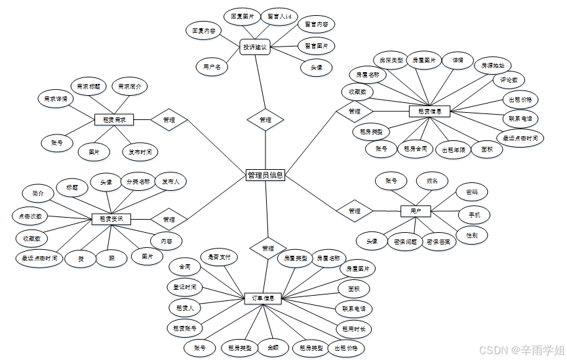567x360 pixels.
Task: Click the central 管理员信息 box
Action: [265, 175]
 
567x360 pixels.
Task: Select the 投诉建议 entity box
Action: [255, 47]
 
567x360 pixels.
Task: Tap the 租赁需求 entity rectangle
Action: [114, 120]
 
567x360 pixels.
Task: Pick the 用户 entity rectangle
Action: [416, 211]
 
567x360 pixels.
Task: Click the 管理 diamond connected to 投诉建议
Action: [265, 120]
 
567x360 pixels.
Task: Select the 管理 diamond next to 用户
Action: [355, 211]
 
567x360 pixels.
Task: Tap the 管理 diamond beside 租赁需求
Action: [169, 120]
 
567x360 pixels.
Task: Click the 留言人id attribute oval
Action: [280, 16]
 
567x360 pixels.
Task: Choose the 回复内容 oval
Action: [204, 30]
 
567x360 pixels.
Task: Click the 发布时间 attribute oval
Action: [140, 152]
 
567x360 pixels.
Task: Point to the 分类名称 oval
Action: [138, 182]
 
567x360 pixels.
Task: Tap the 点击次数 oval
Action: [30, 215]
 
